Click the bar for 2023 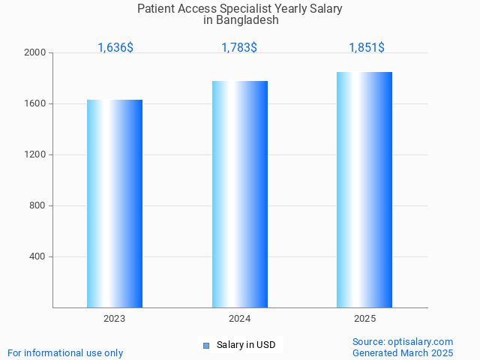click(115, 203)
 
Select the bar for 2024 click(240, 194)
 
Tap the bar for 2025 click(364, 190)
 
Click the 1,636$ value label click(115, 48)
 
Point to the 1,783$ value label click(239, 48)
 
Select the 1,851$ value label click(367, 48)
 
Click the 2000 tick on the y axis click(34, 53)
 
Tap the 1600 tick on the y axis click(34, 104)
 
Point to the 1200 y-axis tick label click(34, 155)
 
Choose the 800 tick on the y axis click(37, 206)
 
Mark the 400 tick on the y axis click(37, 257)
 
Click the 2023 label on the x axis click(115, 319)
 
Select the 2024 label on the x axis click(240, 319)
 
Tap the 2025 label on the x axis click(365, 319)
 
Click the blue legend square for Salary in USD click(206, 346)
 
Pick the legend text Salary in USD click(246, 345)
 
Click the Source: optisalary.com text click(403, 341)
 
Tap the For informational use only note click(65, 352)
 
